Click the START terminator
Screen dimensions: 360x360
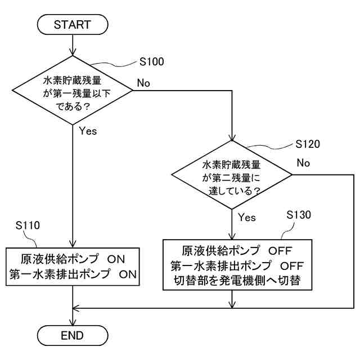[73, 25]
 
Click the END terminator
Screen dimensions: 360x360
[73, 335]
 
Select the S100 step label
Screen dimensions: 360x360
[152, 61]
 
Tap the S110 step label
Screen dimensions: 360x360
[28, 225]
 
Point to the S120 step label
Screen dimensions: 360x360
[308, 144]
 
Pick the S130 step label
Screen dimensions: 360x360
[299, 215]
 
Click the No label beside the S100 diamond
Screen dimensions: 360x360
[143, 83]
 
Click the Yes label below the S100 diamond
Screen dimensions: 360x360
[88, 131]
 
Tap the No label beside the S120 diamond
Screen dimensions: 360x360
[303, 163]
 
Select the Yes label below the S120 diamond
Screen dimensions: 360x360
[247, 217]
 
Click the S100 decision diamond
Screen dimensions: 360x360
[73, 90]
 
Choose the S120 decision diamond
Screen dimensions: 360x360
[232, 175]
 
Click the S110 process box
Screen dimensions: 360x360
[73, 267]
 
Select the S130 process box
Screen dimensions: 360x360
[237, 265]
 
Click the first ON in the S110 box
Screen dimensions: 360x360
[116, 259]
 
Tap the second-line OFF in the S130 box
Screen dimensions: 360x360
[292, 266]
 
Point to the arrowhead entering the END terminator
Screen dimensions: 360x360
[73, 322]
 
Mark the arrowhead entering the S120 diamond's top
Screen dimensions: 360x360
[232, 137]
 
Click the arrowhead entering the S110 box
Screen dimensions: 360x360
[73, 244]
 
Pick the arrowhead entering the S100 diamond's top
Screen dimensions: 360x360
[73, 52]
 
